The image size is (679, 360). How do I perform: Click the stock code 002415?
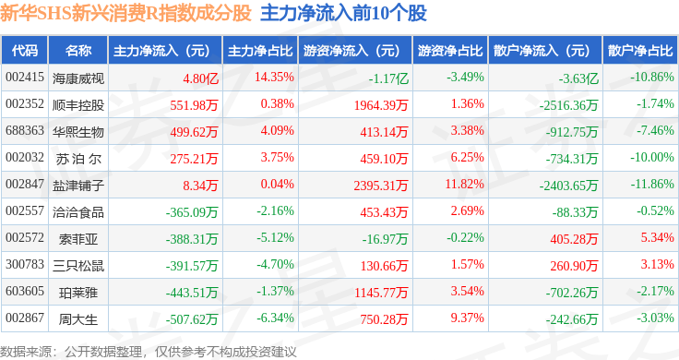pos(25,78)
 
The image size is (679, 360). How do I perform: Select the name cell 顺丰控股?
pos(78,105)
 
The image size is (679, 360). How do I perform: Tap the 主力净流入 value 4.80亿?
pos(200,78)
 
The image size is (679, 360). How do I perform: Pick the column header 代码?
pos(25,50)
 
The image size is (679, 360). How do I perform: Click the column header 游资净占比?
pos(450,50)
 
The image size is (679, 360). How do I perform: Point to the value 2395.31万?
pos(381,186)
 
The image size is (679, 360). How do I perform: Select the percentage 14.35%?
pos(274,78)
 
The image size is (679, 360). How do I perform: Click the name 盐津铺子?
pos(78,186)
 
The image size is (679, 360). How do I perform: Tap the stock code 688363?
pos(25,130)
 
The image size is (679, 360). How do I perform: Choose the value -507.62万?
pos(192,319)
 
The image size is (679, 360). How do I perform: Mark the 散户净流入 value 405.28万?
pos(574,239)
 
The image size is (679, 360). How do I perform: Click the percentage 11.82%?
pos(465,184)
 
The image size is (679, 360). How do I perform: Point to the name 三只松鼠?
pos(78,266)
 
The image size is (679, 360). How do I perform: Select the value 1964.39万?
pos(381,105)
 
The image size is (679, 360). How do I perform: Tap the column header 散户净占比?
pos(640,50)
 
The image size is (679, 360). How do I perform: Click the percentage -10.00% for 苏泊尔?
pos(652,157)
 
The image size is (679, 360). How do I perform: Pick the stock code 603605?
pos(25,291)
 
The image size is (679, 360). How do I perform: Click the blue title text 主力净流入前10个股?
pos(343,13)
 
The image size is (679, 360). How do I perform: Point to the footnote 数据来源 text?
pos(149,352)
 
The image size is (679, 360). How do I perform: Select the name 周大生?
pos(78,319)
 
